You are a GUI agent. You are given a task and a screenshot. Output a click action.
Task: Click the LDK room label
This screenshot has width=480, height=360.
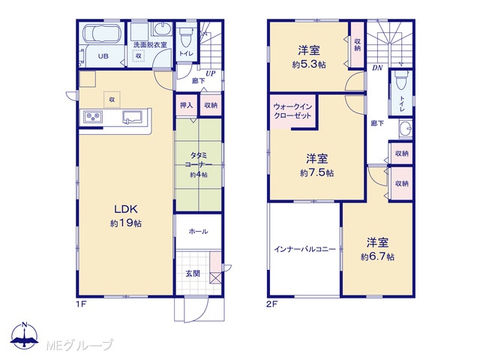coord(126,209)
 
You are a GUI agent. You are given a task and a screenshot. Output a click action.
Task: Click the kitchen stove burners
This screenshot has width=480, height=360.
coord(93,117)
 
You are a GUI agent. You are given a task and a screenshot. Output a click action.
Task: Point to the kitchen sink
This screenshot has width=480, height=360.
coord(132,117)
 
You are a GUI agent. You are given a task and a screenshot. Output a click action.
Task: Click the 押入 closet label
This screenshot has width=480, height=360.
coord(186,105)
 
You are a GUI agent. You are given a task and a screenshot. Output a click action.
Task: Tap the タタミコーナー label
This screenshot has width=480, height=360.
coord(198,160)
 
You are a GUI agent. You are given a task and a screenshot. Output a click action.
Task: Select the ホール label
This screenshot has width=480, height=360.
coord(198,232)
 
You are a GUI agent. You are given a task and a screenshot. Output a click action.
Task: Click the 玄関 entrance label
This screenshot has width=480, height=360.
coord(193,273)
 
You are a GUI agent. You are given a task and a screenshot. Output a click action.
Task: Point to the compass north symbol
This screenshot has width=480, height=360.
coord(25,336)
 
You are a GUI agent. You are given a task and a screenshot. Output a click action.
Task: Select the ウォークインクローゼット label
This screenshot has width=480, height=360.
coord(292,111)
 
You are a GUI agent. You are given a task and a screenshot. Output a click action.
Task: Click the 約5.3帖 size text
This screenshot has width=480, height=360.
coord(309,65)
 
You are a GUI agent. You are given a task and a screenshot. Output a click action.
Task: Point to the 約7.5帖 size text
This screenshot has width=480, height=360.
coord(316,173)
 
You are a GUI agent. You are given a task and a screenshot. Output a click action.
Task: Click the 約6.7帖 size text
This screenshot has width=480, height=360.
coord(377,256)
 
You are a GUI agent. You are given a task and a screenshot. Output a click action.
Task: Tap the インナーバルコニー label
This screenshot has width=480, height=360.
coord(305,249)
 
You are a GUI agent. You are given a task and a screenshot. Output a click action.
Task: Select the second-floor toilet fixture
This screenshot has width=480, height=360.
coord(400,80)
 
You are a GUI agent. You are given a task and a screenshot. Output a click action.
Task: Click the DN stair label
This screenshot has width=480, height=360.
coord(377,68)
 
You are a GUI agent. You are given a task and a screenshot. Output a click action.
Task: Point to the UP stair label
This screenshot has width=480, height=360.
coord(210,73)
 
